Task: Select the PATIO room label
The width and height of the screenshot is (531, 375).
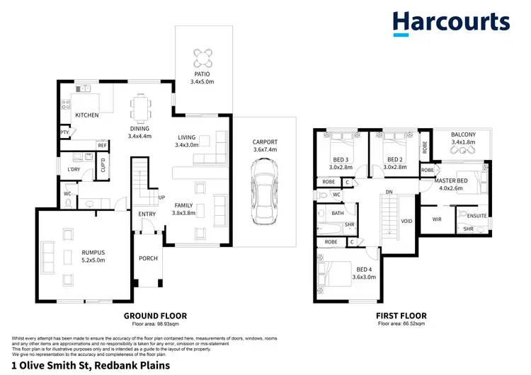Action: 202,74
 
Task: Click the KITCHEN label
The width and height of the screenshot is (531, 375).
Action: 86,115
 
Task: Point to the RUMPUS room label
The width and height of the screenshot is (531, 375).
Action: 92,251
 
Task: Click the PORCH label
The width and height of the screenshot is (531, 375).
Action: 148,258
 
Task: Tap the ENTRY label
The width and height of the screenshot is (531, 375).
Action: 147,214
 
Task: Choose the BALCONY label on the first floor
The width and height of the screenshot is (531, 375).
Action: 463,134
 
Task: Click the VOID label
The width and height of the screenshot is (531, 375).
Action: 407,220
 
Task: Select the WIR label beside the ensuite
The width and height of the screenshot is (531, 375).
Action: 437,219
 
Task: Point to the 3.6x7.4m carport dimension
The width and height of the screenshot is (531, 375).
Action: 265,150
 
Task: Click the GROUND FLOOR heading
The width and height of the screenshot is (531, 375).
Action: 155,316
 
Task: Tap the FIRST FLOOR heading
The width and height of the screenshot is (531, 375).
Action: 404,316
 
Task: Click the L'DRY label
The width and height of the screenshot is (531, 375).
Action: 74,170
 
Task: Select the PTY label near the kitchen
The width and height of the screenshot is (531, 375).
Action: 64,132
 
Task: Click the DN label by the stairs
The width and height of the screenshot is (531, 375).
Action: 388,192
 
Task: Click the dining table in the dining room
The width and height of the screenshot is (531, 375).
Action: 139,108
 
